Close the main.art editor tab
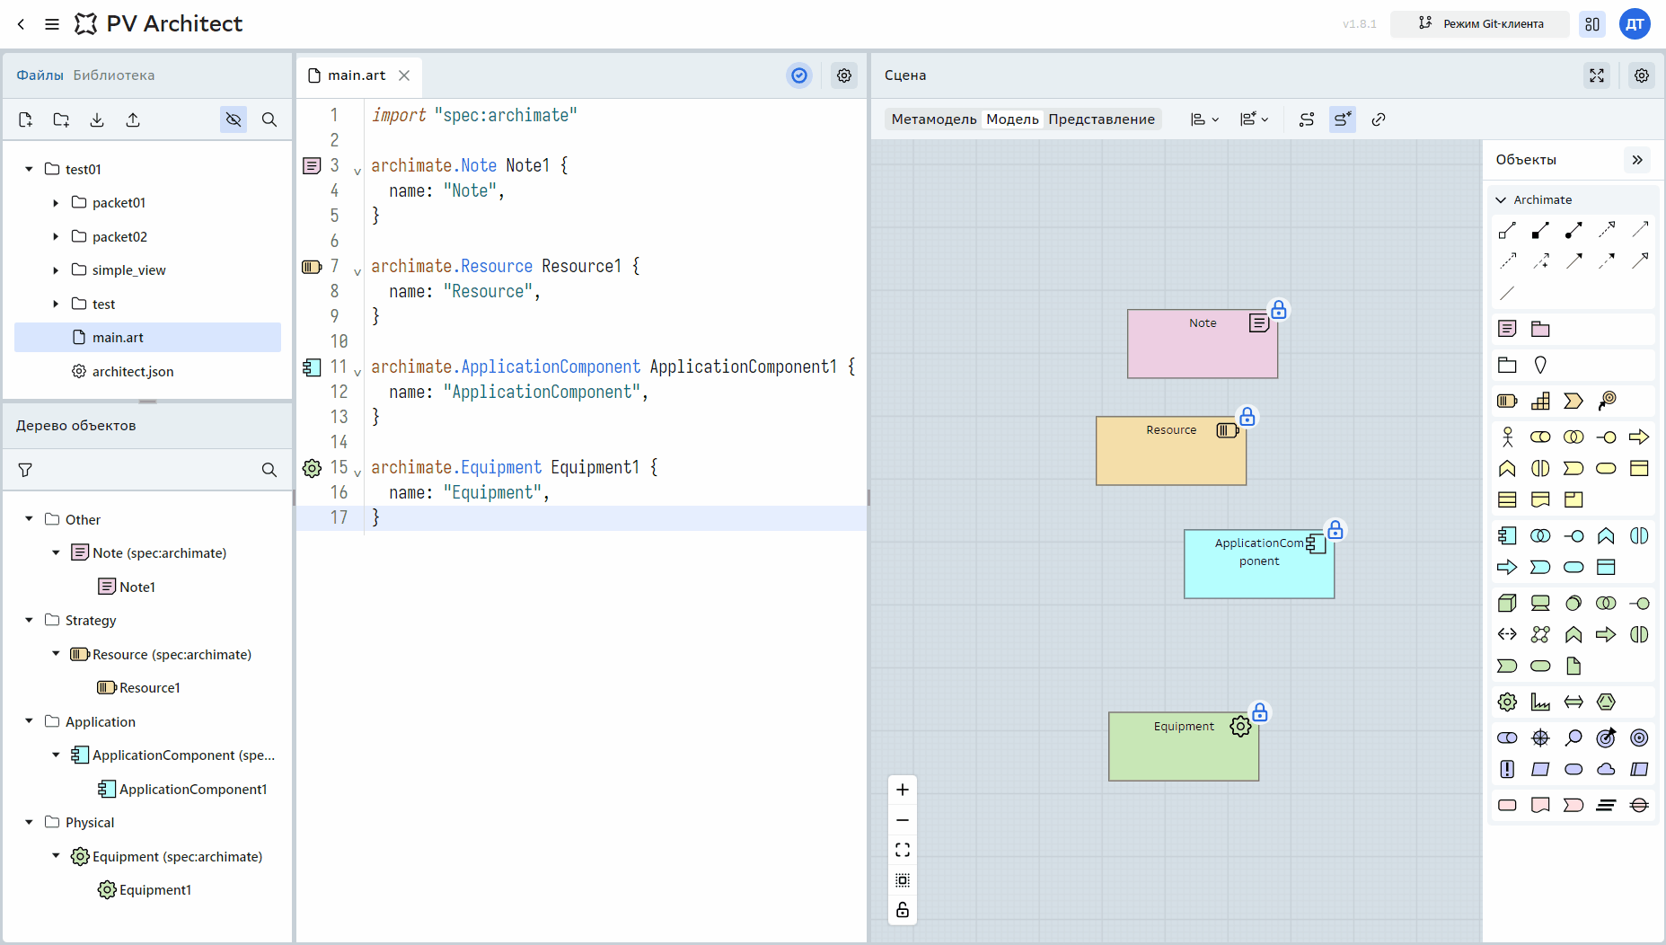pos(404,75)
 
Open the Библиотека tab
pos(114,75)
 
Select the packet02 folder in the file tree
pos(119,236)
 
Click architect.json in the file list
pos(133,371)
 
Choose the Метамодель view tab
pos(934,119)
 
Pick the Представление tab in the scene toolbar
pos(1101,119)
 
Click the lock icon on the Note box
pos(1279,310)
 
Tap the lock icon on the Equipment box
pos(1260,712)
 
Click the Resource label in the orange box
pos(1171,430)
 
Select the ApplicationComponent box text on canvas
pos(1259,552)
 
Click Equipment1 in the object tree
pos(155,890)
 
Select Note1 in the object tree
pos(137,587)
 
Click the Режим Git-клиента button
pos(1480,24)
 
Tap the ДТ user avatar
pos(1635,24)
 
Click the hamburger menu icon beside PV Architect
pos(52,24)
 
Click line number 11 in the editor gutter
pos(338,367)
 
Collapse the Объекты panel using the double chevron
pos(1637,160)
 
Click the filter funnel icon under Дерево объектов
pos(25,470)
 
